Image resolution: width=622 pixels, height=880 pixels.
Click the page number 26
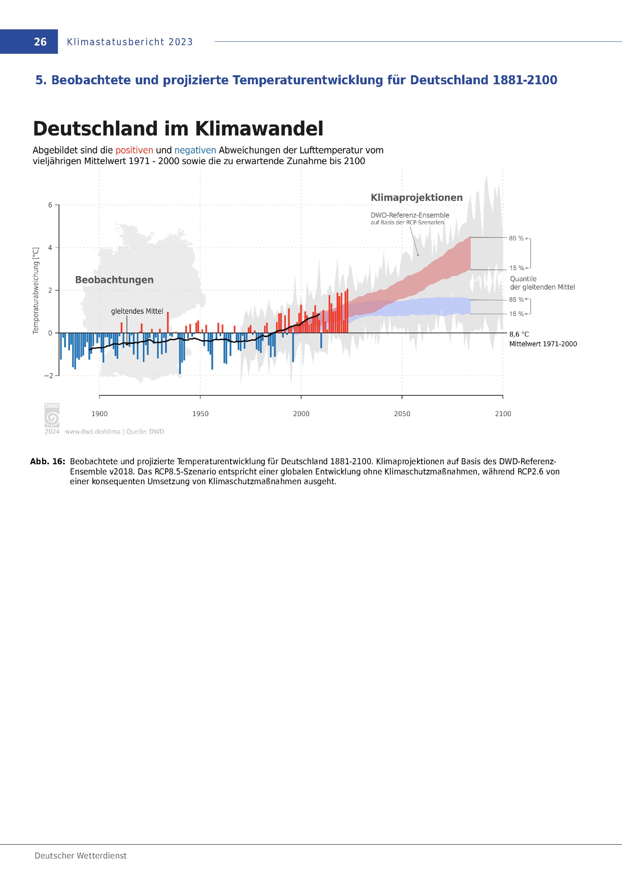pyautogui.click(x=40, y=42)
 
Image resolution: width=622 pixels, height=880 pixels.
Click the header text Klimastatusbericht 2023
pyautogui.click(x=130, y=42)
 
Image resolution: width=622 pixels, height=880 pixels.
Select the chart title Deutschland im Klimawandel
pyautogui.click(x=178, y=129)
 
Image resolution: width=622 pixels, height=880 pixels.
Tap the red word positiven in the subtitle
pyautogui.click(x=134, y=150)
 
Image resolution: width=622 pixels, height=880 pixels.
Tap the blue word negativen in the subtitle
pyautogui.click(x=195, y=150)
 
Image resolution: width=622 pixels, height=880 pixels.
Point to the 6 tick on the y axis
pyautogui.click(x=50, y=205)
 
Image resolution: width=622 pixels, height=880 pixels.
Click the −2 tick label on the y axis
pyautogui.click(x=49, y=376)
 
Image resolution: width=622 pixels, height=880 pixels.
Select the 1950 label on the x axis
pyautogui.click(x=200, y=414)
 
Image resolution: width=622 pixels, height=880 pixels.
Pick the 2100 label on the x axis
pyautogui.click(x=503, y=414)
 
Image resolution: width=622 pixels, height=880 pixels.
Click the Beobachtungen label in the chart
pyautogui.click(x=114, y=280)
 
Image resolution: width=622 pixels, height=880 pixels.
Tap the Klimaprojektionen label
pyautogui.click(x=416, y=198)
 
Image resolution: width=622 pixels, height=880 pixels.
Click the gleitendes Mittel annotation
pyautogui.click(x=137, y=311)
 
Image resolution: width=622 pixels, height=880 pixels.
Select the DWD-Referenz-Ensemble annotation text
pyautogui.click(x=410, y=215)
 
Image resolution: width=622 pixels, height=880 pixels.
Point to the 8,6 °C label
pyautogui.click(x=519, y=335)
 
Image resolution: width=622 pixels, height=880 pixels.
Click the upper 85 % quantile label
pyautogui.click(x=516, y=238)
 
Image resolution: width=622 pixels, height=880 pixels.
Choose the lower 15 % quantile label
pyautogui.click(x=516, y=314)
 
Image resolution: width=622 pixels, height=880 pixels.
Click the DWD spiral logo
pyautogui.click(x=52, y=418)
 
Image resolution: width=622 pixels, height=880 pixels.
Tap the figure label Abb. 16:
pyautogui.click(x=48, y=461)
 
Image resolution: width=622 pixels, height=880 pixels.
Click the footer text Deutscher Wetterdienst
pyautogui.click(x=81, y=856)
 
